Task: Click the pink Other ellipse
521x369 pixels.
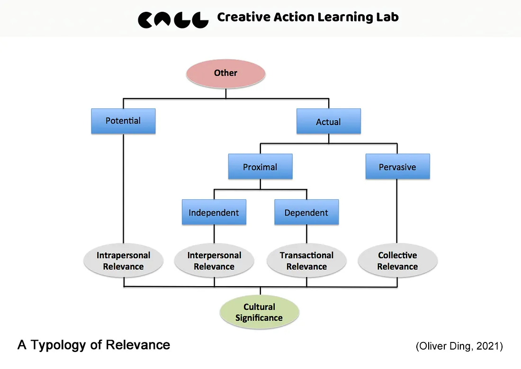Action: click(x=225, y=73)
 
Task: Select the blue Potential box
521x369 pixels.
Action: click(x=123, y=121)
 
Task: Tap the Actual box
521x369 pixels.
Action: click(x=328, y=122)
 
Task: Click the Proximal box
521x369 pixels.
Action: click(x=260, y=167)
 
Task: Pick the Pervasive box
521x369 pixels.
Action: click(x=397, y=167)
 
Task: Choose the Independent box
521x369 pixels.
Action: click(x=214, y=212)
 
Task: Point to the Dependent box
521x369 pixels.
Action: click(x=306, y=212)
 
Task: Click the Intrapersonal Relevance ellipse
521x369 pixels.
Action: click(x=123, y=261)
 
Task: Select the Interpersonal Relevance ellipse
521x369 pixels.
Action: click(x=214, y=261)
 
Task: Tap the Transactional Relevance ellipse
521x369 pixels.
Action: click(x=306, y=261)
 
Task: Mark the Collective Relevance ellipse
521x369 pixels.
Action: click(x=397, y=261)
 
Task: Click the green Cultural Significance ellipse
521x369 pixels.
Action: click(x=260, y=313)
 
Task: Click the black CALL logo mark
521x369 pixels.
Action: click(x=173, y=19)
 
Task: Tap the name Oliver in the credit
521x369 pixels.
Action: click(x=433, y=346)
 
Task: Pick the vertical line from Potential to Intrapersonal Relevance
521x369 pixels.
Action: click(x=123, y=189)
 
